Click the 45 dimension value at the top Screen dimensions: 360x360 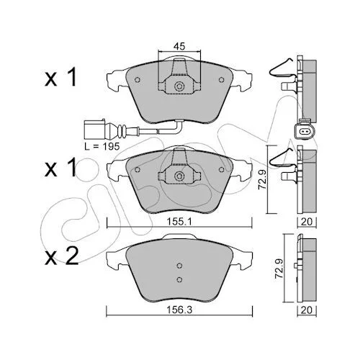point(179,46)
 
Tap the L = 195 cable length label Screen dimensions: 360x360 point(102,146)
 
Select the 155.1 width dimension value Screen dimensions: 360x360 point(179,222)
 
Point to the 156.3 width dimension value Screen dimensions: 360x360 point(179,310)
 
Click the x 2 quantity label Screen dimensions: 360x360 point(62,256)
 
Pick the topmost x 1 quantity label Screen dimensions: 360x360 point(60,77)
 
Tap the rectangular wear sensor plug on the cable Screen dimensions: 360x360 point(94,130)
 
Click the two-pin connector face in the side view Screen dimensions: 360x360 point(304,132)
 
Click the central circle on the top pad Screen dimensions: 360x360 point(179,86)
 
